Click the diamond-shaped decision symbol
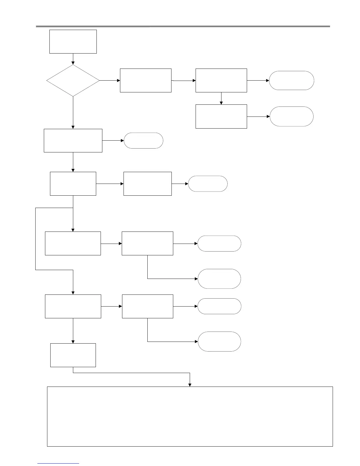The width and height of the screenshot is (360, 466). coord(73,80)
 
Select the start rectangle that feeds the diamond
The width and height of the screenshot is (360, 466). coord(73,41)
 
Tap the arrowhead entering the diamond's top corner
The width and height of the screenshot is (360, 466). coord(73,63)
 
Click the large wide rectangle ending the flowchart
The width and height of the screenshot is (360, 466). coord(190,416)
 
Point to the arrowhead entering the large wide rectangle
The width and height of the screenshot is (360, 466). coord(190,385)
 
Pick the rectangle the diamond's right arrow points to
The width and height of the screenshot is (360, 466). coord(146,80)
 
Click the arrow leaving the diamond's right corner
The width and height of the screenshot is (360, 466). coord(110,80)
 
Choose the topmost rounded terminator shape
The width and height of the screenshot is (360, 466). coord(291,80)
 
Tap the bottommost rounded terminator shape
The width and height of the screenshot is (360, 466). coord(219,342)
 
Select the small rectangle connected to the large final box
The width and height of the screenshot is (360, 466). coord(73,355)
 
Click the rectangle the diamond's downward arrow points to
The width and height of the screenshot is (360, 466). coord(73,140)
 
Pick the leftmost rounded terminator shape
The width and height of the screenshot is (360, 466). coord(144,140)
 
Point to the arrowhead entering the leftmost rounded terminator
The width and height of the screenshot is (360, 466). coord(122,140)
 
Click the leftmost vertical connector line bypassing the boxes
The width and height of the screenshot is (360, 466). coord(36,239)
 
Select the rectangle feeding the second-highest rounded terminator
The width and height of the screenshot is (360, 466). coord(221,116)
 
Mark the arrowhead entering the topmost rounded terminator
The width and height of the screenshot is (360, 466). coord(267,80)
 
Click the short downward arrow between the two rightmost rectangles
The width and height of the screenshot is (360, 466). coord(221,99)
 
